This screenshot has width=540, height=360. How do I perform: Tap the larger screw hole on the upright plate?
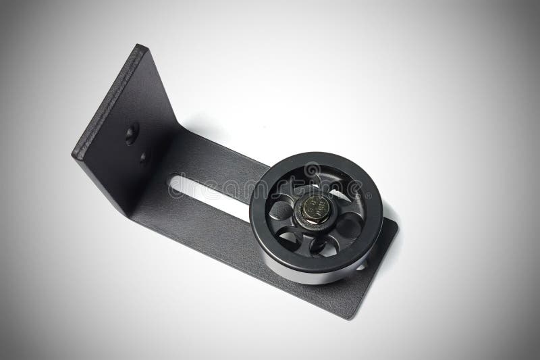131,133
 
